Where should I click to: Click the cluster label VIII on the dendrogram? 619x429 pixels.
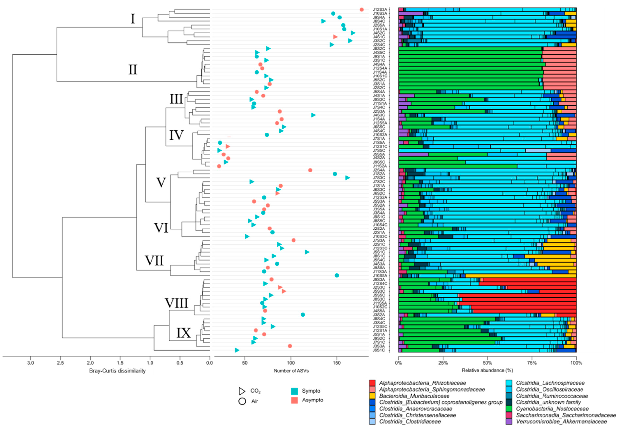click(x=176, y=303)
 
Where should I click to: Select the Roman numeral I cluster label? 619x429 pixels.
click(x=133, y=19)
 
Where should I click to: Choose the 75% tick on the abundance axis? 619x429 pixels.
click(x=532, y=363)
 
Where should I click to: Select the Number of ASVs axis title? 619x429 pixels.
click(x=291, y=371)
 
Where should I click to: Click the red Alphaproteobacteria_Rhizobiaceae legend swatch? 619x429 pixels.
click(x=372, y=383)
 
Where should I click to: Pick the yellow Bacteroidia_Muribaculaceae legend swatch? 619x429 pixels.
click(x=372, y=396)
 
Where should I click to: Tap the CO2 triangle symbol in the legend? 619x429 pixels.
click(x=242, y=391)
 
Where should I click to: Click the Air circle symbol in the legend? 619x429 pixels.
click(x=242, y=401)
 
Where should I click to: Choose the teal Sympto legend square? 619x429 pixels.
click(x=294, y=391)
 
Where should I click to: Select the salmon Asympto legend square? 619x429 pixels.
click(x=294, y=400)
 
